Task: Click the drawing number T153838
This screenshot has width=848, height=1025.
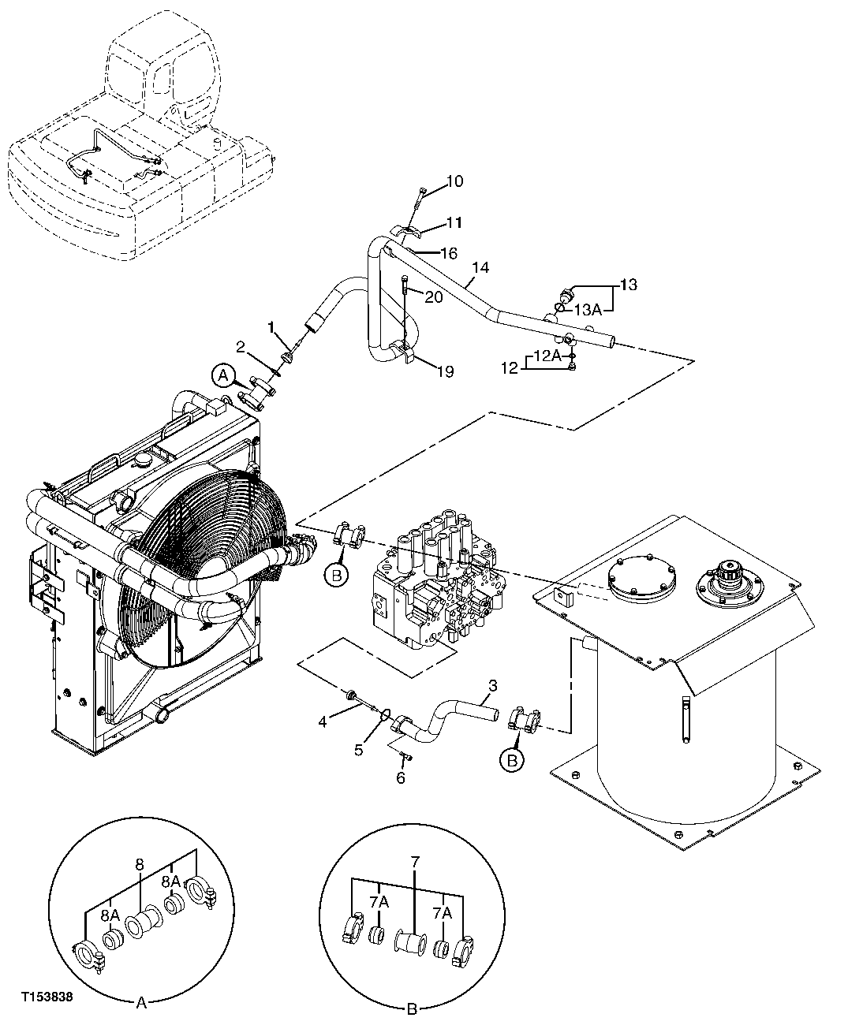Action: [47, 997]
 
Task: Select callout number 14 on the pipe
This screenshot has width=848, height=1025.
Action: [480, 268]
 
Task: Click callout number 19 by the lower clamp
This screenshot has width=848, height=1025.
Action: [445, 371]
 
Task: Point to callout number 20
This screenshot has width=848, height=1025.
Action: [434, 296]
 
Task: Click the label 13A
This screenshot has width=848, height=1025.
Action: [588, 310]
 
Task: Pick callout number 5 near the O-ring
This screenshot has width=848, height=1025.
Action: [359, 749]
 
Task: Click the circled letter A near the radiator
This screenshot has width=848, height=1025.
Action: [222, 376]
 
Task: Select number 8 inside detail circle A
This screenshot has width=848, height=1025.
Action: [139, 865]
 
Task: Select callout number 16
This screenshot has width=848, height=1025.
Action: [448, 253]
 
